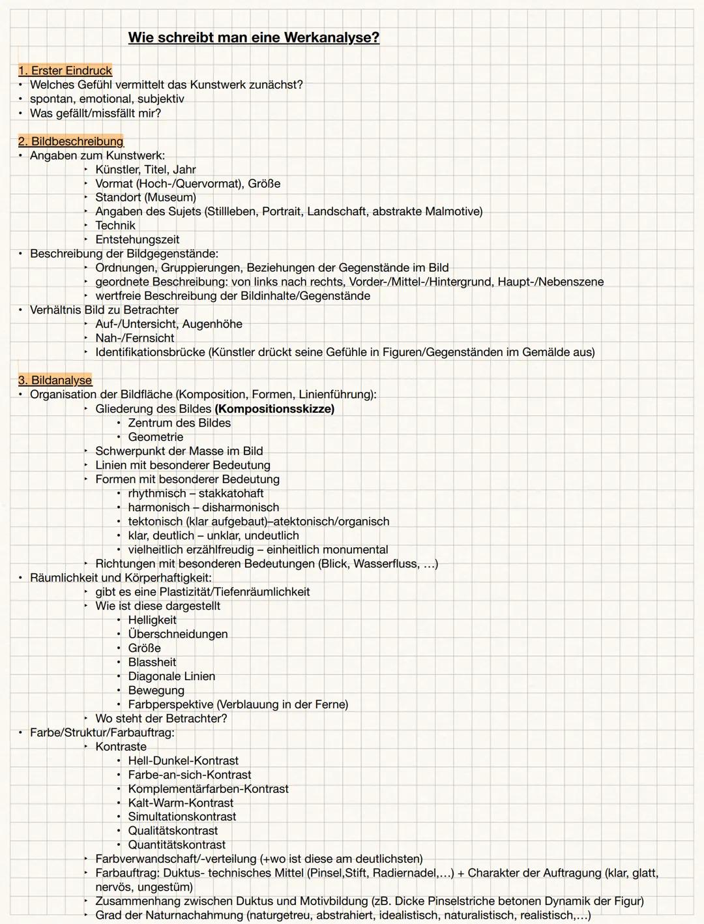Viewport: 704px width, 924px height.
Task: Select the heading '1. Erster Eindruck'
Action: point(65,70)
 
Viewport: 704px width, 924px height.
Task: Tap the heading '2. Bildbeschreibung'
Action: point(70,142)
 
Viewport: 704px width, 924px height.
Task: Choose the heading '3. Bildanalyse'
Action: point(55,380)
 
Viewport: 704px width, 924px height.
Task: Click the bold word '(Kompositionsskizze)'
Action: point(274,409)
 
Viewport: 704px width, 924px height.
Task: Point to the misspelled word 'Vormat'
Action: point(113,183)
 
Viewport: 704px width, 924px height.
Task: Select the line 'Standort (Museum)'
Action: point(145,198)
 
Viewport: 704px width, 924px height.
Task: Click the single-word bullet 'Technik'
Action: point(115,226)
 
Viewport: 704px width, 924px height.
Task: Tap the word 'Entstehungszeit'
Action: point(137,240)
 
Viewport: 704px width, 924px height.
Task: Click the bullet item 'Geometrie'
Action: point(155,437)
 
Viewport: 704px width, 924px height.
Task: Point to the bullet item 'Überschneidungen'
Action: point(177,634)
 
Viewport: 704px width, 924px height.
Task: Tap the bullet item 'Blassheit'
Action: point(153,662)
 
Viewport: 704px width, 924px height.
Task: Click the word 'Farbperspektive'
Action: point(170,704)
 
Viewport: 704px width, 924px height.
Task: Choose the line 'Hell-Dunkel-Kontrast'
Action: point(183,761)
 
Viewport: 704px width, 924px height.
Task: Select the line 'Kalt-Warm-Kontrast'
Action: point(181,803)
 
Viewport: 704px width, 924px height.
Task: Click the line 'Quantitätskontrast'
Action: point(177,845)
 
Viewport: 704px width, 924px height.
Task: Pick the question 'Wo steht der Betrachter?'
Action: point(161,719)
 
